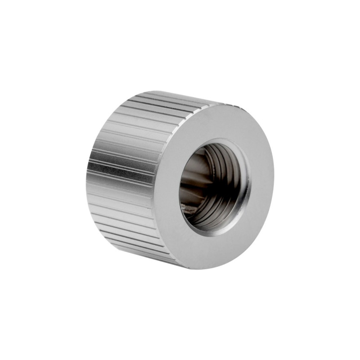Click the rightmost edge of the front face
point(273,180)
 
